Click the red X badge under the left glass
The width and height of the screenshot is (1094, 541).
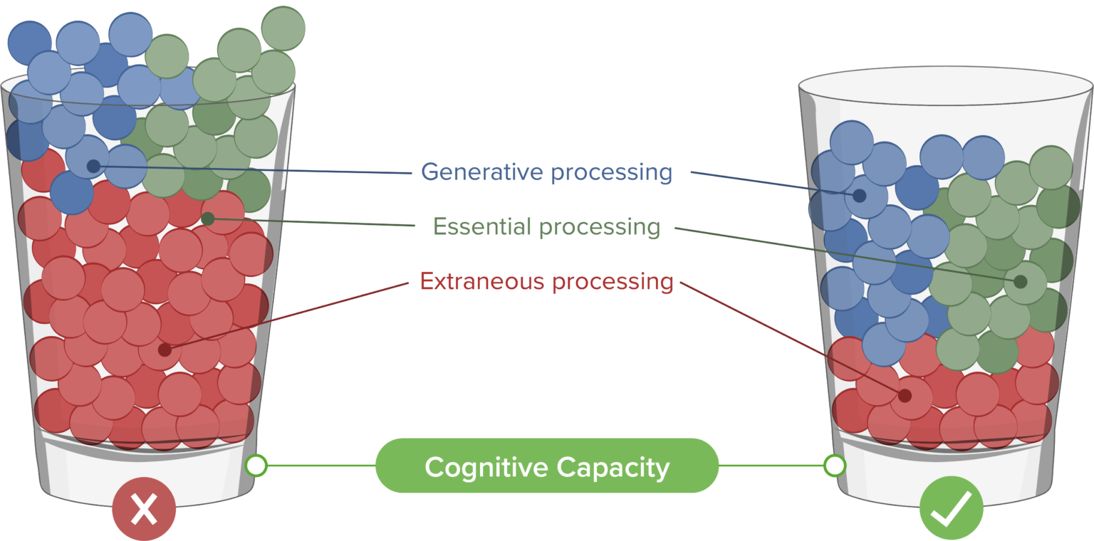coord(144,510)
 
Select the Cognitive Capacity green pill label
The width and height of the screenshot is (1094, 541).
coord(546,466)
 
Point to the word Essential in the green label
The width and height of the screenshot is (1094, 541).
coord(483,227)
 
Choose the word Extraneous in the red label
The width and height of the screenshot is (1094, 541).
coord(483,282)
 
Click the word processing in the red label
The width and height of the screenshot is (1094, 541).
coord(613,282)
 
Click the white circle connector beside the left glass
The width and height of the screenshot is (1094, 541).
coord(256,466)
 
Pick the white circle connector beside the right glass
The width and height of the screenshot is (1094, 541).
coord(834,466)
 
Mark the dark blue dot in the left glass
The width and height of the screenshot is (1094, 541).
coord(93,167)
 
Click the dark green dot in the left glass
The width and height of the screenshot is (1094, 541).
coord(208,219)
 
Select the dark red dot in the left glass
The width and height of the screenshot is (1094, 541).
coord(165,350)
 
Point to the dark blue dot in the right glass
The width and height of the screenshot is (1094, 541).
coord(860,195)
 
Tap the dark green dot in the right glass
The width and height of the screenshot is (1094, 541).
coord(1020,282)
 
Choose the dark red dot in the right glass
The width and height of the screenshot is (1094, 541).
coord(905,395)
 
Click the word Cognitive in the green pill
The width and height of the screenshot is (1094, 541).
coord(486,468)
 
